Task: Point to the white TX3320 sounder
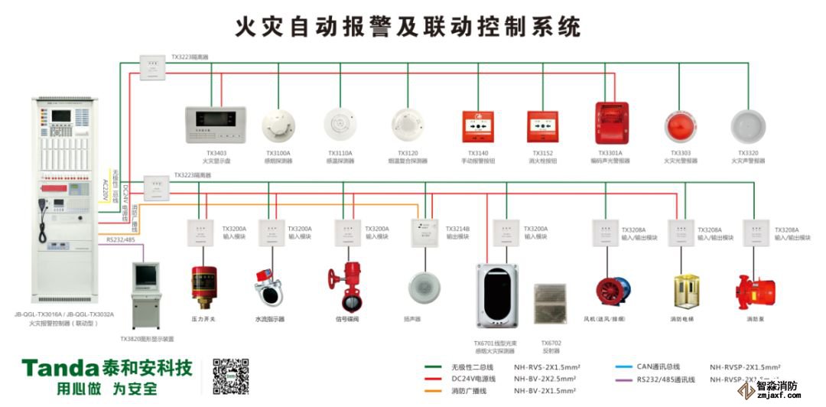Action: [747, 125]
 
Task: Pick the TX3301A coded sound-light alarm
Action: [611, 122]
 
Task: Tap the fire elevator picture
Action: [686, 291]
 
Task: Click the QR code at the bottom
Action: [231, 376]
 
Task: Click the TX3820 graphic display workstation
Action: [147, 295]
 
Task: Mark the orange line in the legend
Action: [437, 391]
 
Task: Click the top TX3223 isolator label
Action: [190, 57]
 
